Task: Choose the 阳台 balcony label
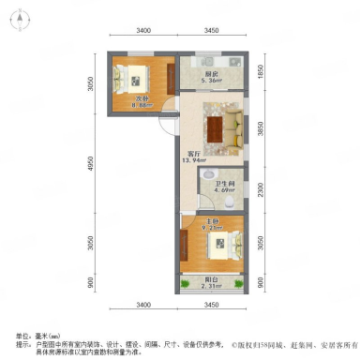pyautogui.click(x=211, y=287)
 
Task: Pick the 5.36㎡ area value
pyautogui.click(x=213, y=82)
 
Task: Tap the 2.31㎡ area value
pyautogui.click(x=212, y=295)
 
